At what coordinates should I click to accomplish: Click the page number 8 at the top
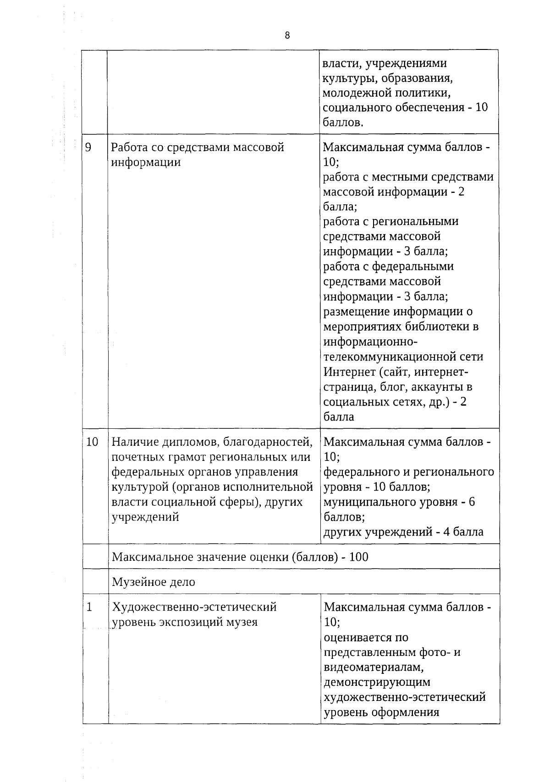pos(287,36)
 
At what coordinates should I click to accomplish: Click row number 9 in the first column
pos(88,147)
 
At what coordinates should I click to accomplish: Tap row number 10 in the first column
pos(92,442)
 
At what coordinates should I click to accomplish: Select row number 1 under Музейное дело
pos(89,607)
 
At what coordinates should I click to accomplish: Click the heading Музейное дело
pos(154,582)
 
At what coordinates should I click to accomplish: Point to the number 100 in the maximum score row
pos(358,557)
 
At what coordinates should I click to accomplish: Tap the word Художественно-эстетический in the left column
pos(194,607)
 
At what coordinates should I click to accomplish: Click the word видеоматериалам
pos(377,667)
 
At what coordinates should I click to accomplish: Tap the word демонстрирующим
pos(377,682)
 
